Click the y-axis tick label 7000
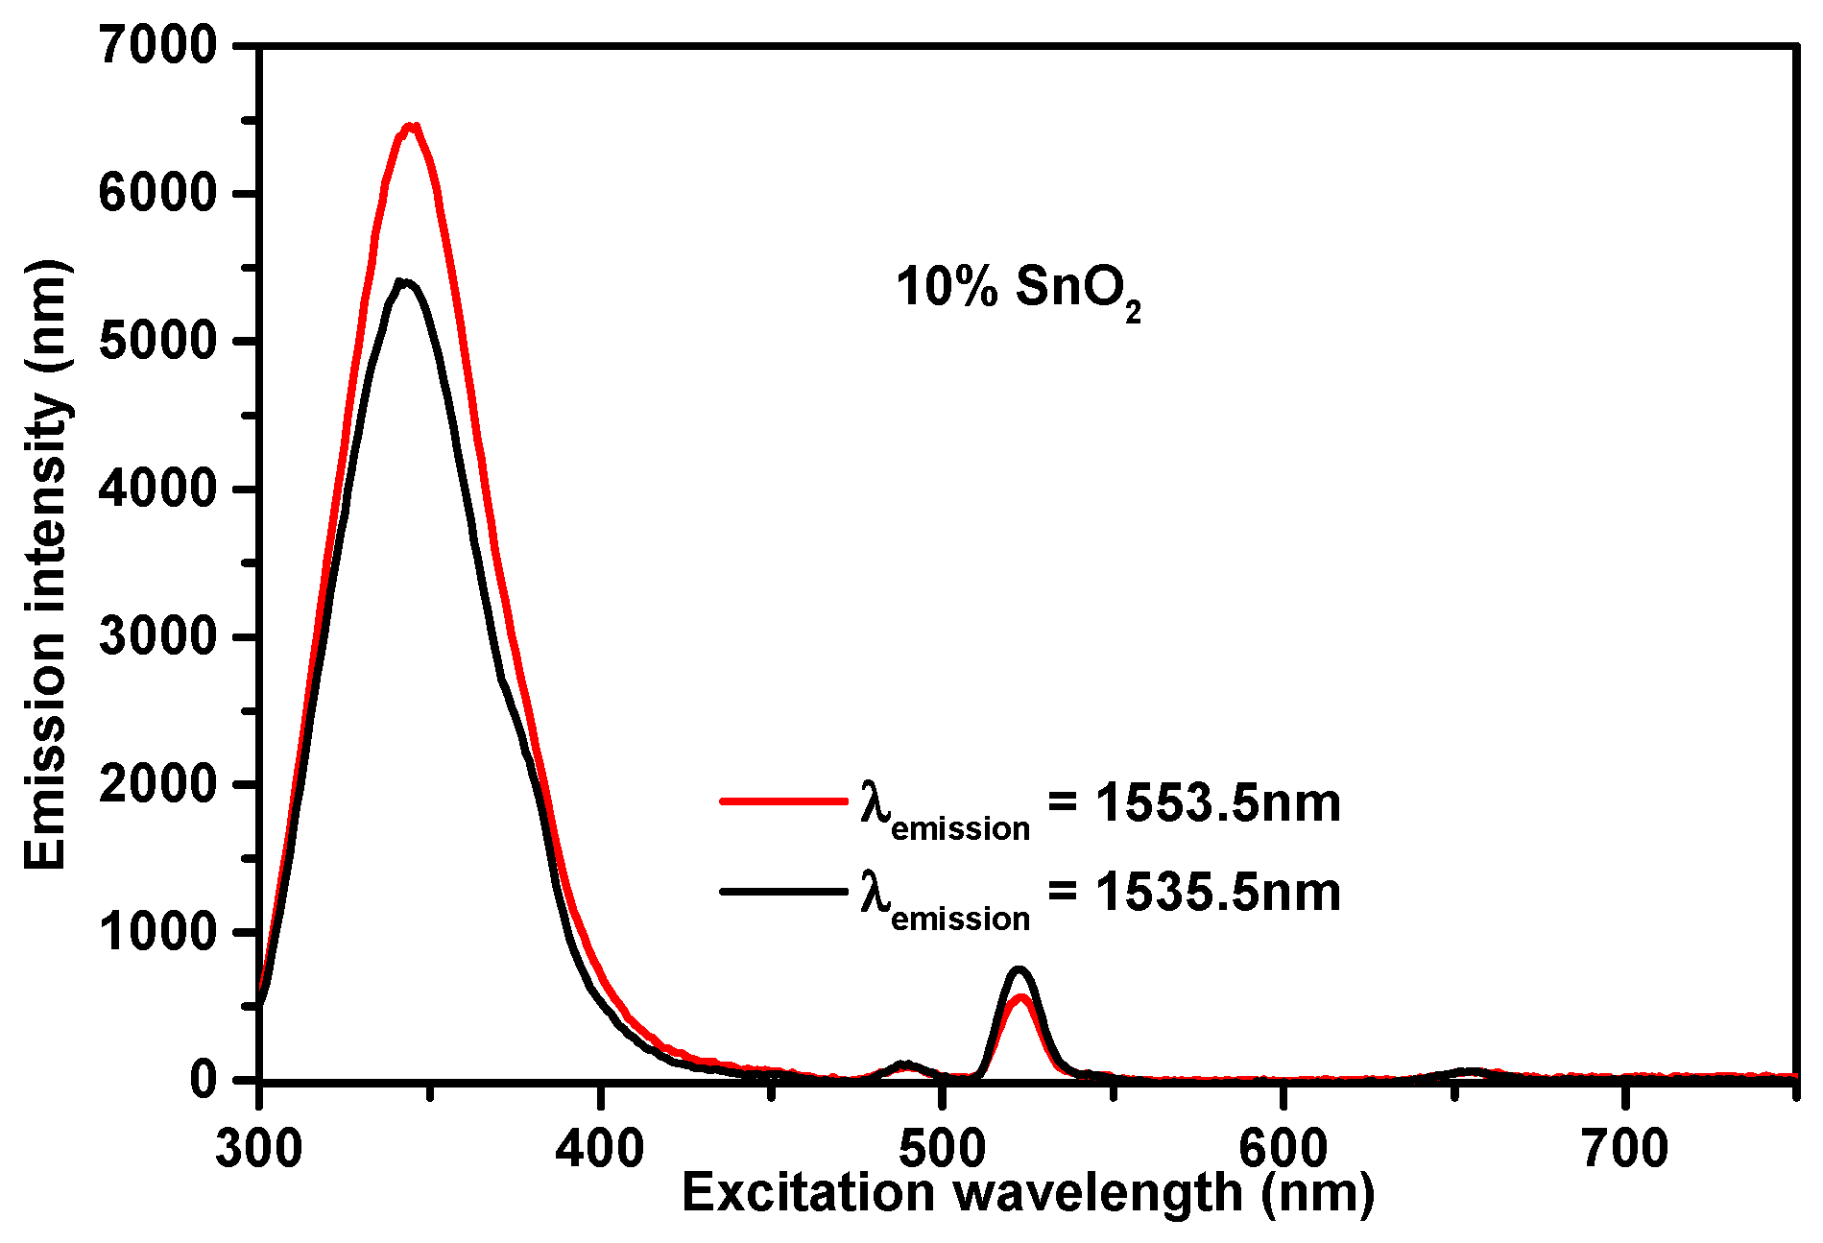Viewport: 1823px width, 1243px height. tap(158, 46)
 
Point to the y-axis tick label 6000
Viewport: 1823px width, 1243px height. tap(158, 194)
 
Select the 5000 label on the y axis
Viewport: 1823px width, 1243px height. tap(158, 342)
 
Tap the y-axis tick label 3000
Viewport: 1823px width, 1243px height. tap(158, 637)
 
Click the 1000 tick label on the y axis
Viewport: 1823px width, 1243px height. tap(158, 932)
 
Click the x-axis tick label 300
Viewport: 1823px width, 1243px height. tap(259, 1148)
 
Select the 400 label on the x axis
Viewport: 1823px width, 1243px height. tap(600, 1148)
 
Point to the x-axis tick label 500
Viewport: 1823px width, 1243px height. tap(943, 1148)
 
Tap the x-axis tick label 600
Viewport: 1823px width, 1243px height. tap(1283, 1148)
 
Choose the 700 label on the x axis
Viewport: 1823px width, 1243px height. tap(1625, 1148)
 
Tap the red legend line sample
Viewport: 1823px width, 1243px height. tap(782, 800)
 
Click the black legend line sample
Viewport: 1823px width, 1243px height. tap(782, 892)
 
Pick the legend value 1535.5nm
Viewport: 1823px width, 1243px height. tap(1217, 893)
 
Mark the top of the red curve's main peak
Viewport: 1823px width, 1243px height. tap(411, 126)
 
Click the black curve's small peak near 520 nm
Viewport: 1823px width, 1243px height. tap(1019, 969)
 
